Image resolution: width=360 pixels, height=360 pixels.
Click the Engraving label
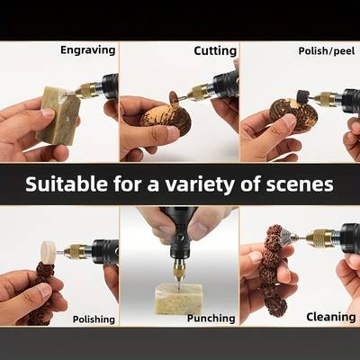pos(87,50)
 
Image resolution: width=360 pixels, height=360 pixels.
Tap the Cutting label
pos(215,50)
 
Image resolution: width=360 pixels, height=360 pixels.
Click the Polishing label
pos(94,319)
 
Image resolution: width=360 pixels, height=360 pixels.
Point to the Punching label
pos(211,318)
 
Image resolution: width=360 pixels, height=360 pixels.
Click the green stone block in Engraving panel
pos(58,115)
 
